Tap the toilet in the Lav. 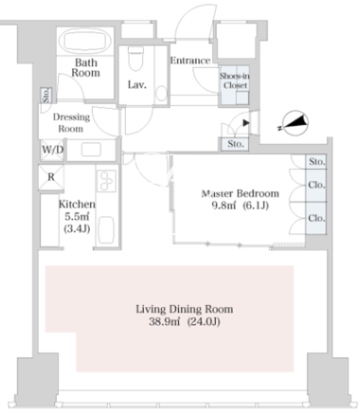[136, 59]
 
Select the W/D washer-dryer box [52, 150]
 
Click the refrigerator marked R [51, 177]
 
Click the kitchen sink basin [106, 230]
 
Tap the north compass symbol [295, 123]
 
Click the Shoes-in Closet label [235, 81]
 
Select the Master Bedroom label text [241, 193]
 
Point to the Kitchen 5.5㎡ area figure [77, 217]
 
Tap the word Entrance [190, 61]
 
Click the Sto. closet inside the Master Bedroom [315, 162]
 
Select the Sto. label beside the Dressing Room [46, 95]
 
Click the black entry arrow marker [246, 122]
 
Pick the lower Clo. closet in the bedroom [315, 218]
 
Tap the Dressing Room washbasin [91, 150]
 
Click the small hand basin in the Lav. [161, 93]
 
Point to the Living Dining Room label [185, 309]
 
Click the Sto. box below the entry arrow [235, 144]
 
